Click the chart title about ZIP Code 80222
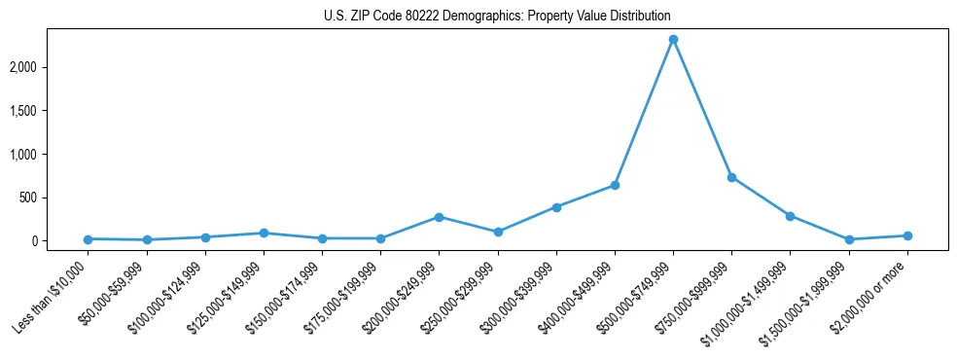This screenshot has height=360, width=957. [x=497, y=17]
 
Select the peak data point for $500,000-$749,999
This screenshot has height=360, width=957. [x=673, y=40]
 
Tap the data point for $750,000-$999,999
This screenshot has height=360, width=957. [x=731, y=177]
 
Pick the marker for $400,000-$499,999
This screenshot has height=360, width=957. [x=615, y=185]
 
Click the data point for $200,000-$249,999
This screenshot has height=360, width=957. [x=439, y=217]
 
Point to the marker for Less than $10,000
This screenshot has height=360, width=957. [x=88, y=238]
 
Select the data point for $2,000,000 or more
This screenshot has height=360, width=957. [x=907, y=235]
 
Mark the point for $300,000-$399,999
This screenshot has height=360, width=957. [x=556, y=207]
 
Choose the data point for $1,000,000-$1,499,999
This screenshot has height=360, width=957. [x=790, y=216]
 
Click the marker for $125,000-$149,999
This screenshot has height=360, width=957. [x=264, y=233]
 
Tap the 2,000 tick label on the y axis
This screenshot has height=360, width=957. [x=52, y=67]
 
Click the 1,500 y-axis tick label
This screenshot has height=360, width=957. [x=52, y=111]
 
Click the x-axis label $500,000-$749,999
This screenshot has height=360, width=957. [x=636, y=297]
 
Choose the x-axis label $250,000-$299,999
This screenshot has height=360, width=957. [x=461, y=297]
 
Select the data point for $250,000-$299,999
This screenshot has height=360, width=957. [x=498, y=232]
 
